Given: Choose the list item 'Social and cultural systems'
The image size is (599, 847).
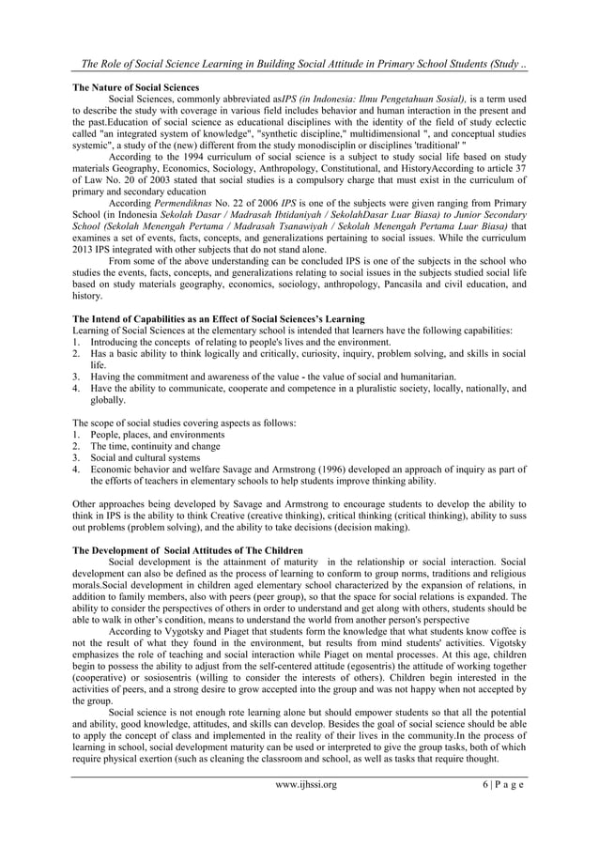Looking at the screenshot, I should point(147,457).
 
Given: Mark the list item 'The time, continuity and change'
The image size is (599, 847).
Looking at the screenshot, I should point(154,447).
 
